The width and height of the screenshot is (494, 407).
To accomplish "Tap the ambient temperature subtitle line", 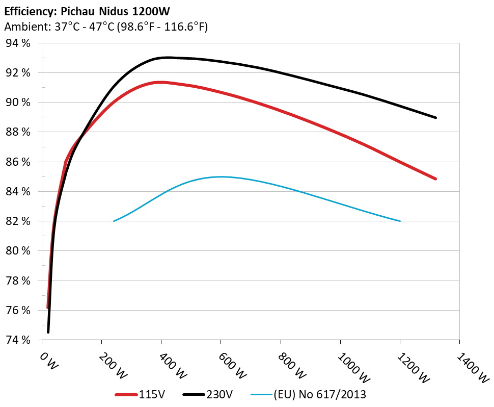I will [106, 27].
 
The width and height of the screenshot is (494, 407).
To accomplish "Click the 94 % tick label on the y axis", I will [17, 43].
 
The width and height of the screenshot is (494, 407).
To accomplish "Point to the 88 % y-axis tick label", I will [17, 132].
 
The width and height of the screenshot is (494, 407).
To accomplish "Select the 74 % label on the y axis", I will [17, 340].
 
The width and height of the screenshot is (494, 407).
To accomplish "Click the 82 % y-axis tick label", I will [17, 221].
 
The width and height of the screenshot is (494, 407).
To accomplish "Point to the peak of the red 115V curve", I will [161, 82].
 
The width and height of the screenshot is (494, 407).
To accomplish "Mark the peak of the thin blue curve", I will [221, 176].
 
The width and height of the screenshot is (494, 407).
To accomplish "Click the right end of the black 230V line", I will [436, 117].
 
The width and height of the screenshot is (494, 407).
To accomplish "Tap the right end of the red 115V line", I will [436, 179].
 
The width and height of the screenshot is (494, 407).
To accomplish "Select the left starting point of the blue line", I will [114, 221].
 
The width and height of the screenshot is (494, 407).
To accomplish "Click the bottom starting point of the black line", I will [48, 332].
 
